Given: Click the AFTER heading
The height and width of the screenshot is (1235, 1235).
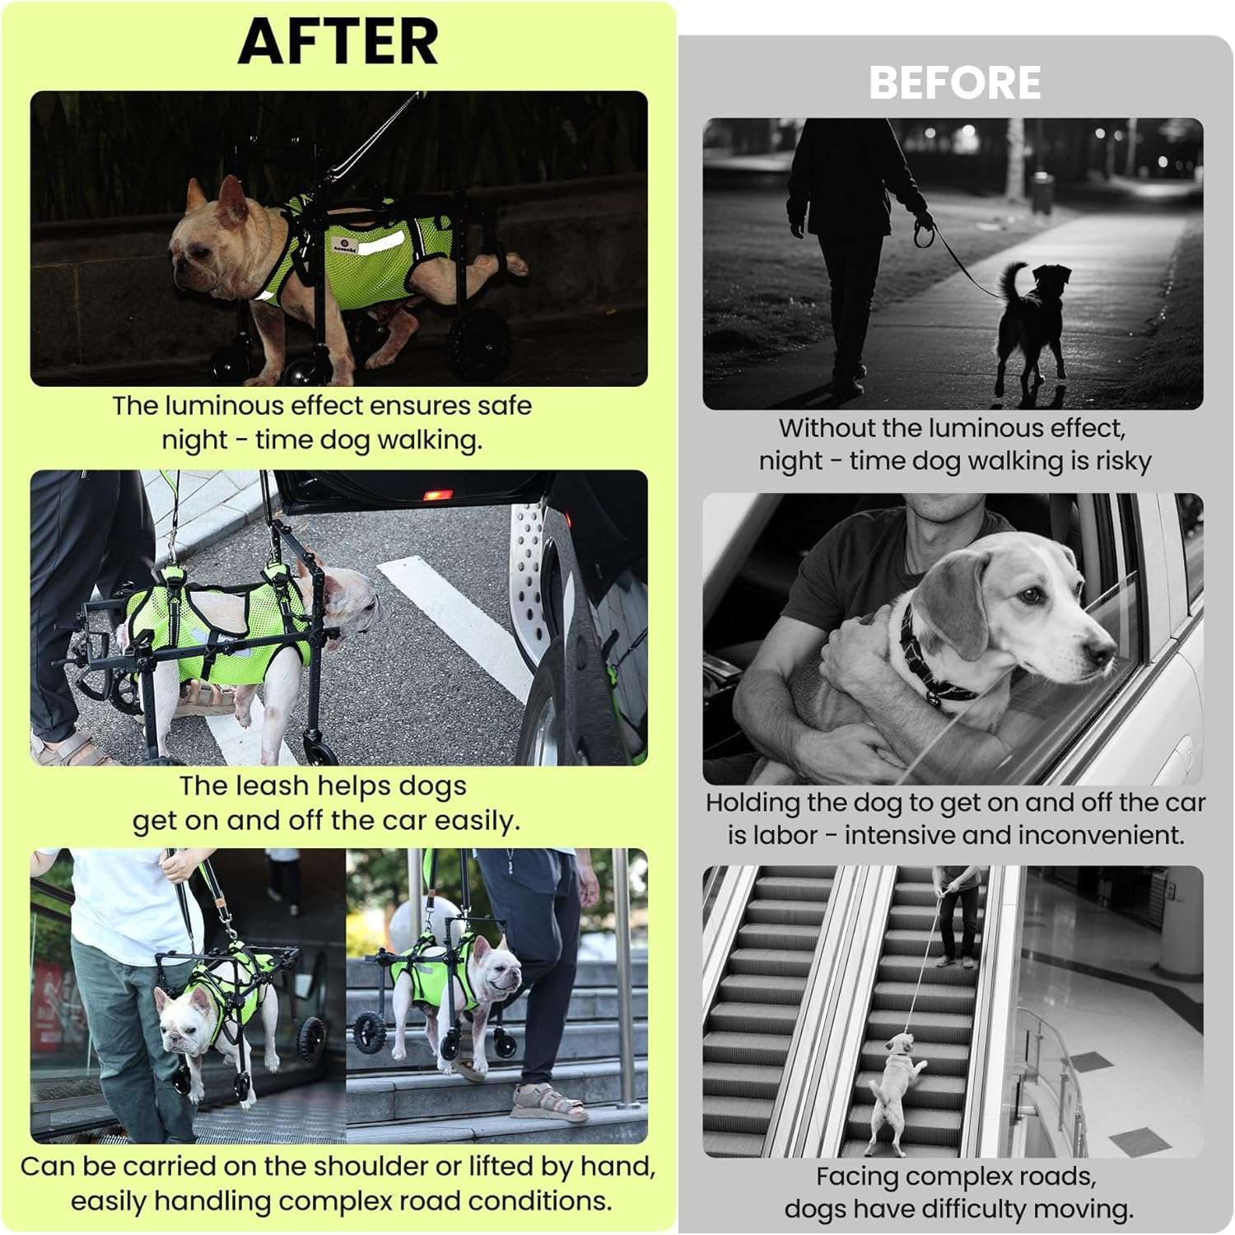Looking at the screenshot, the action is click(x=338, y=41).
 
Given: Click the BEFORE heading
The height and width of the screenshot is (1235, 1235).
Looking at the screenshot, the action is click(x=954, y=83).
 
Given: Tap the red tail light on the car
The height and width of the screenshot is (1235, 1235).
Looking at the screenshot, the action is click(x=437, y=496).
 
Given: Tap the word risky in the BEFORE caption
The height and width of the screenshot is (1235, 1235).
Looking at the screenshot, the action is click(x=1123, y=462).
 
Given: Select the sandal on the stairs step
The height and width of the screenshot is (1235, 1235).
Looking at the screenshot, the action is click(x=548, y=1102).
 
